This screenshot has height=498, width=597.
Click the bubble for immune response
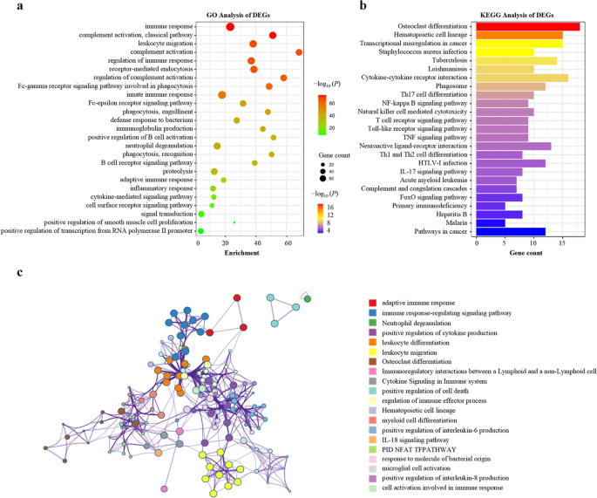230,27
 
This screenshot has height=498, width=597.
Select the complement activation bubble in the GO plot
299,52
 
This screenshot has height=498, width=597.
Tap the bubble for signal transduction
201,214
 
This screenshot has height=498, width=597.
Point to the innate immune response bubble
222,95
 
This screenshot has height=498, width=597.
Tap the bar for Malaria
490,222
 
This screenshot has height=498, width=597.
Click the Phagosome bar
510,86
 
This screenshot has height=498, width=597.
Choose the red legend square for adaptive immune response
372,303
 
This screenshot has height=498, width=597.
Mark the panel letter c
19,272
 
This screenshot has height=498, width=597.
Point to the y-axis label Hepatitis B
452,214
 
